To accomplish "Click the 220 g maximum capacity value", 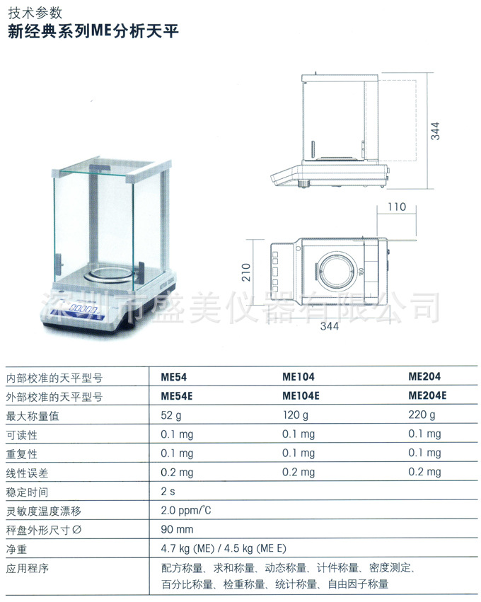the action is tap(422, 415).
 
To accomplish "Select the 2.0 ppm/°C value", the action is tap(187, 510).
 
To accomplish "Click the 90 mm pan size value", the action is tap(177, 529).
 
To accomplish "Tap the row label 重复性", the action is tap(21, 453).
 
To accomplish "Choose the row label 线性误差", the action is tap(26, 473).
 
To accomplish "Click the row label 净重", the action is tap(16, 548).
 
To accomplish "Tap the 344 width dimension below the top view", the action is tap(329, 326).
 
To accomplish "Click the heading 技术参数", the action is tap(35, 13).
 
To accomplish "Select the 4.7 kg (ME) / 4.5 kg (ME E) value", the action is tap(224, 548).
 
